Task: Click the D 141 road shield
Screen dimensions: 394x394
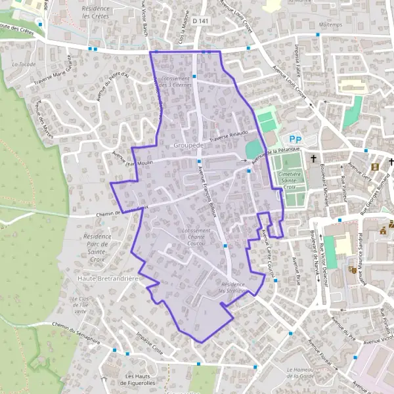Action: click(200, 22)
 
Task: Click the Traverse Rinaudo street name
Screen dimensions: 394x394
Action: click(229, 135)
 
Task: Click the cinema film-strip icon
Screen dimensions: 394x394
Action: click(375, 167)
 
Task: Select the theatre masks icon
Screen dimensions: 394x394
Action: click(352, 269)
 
